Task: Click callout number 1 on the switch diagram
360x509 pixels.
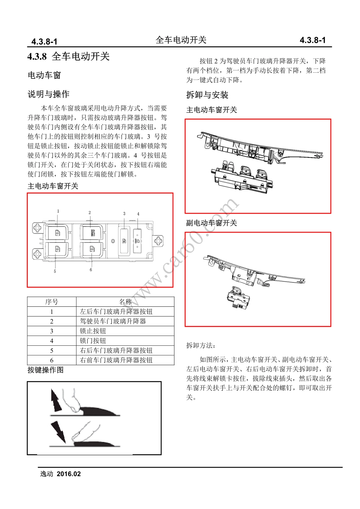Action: coord(58,211)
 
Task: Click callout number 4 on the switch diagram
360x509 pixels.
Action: coord(138,214)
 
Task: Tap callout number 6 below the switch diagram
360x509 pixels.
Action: coord(91,270)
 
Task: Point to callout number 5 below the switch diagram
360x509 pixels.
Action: coord(55,271)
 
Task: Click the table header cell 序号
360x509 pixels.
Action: coord(52,302)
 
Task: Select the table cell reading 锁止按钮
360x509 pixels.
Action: coord(93,331)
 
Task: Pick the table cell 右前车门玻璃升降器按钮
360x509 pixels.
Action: coord(116,360)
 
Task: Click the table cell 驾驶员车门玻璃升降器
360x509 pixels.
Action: coord(113,321)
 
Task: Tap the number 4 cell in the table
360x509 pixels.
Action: coord(52,341)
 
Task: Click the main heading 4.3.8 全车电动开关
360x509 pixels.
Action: coord(69,56)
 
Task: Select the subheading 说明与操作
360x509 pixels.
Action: coord(48,94)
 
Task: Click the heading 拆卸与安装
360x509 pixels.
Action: coord(207,95)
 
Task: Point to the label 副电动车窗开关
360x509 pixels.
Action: coord(211,223)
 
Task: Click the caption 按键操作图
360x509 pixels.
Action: coord(45,370)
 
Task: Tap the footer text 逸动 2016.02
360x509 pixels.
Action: coord(61,474)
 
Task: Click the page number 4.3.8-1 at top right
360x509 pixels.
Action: coord(313,40)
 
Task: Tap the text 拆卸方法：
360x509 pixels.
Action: coord(201,345)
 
